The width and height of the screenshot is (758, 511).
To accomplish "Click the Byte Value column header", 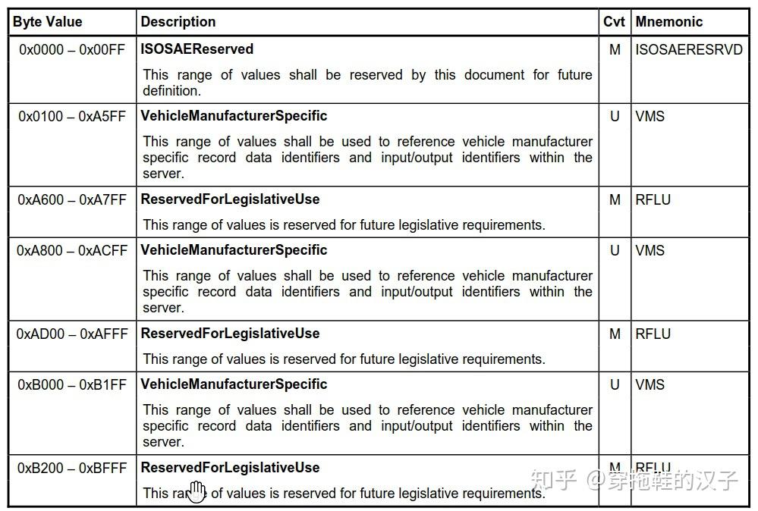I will (x=47, y=22).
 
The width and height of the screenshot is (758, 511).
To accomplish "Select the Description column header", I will (x=178, y=22).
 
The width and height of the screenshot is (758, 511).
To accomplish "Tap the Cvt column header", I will (x=614, y=22).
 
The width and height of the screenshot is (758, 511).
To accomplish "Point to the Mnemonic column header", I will (x=669, y=22).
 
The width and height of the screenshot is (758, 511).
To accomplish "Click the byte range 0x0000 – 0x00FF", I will (x=73, y=49).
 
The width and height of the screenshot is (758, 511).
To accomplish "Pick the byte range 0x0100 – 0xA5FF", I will (x=73, y=116).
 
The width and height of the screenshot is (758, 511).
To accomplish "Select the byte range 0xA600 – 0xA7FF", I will (x=73, y=199).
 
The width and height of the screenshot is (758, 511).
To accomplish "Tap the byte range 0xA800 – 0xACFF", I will (x=73, y=250).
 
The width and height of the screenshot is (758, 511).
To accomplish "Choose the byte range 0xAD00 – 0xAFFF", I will (x=73, y=334).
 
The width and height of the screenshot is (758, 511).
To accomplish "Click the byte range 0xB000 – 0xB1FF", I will (x=73, y=384).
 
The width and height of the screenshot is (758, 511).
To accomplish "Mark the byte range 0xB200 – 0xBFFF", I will (x=73, y=468).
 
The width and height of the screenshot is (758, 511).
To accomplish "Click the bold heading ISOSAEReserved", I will (x=197, y=49).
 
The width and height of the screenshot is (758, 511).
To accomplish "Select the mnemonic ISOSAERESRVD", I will (x=689, y=49).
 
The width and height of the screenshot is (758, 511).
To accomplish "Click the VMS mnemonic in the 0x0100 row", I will (x=650, y=116).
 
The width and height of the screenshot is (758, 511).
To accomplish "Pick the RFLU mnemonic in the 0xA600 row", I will (x=653, y=199).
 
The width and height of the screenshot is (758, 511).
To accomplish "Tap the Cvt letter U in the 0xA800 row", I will (x=615, y=250).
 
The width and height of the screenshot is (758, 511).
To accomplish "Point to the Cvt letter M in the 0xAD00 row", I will (x=615, y=334).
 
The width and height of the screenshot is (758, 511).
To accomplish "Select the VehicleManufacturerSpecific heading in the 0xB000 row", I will (x=234, y=384).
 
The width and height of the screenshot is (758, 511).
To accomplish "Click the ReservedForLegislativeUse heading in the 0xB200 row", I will (x=231, y=468).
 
